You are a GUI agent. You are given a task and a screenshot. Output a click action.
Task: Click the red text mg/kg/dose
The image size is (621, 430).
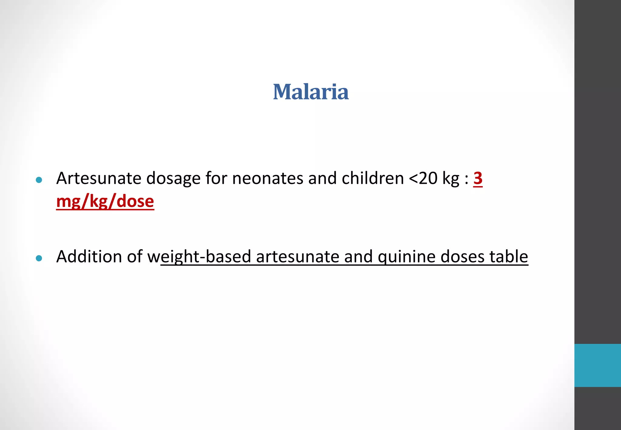(105, 201)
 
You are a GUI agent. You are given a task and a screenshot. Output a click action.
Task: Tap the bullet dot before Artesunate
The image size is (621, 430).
(39, 180)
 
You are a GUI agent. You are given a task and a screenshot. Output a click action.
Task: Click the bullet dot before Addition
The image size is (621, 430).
(39, 258)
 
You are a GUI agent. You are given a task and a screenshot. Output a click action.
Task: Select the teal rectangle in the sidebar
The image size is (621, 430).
(597, 365)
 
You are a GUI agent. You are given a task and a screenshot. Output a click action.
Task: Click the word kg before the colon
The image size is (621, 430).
(451, 179)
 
